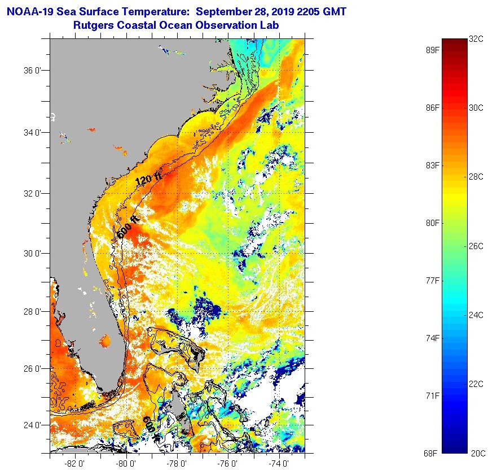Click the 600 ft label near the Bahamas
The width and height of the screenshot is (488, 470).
click(150, 426)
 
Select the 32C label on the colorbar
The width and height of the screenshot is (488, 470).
click(476, 39)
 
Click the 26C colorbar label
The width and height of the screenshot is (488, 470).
click(476, 246)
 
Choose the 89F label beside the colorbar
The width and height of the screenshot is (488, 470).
click(432, 50)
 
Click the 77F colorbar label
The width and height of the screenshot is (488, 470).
click(432, 280)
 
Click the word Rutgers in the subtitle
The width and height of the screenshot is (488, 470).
click(93, 25)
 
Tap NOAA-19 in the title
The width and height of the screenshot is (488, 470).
click(31, 11)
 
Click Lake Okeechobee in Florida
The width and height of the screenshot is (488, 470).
click(105, 341)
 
